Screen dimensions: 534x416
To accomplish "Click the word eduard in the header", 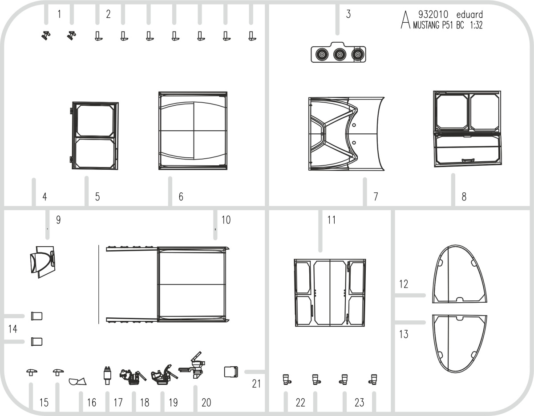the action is pyautogui.click(x=469, y=15).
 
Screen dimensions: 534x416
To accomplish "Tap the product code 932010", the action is pyautogui.click(x=433, y=15).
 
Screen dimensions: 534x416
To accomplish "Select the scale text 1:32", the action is pyautogui.click(x=476, y=25).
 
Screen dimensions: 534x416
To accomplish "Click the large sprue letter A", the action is pyautogui.click(x=405, y=20).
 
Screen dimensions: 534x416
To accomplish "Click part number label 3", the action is pyautogui.click(x=348, y=14).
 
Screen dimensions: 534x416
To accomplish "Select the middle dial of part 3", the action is pyautogui.click(x=340, y=55).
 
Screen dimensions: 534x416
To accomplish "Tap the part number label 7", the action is pyautogui.click(x=376, y=196).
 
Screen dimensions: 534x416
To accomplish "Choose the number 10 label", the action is pyautogui.click(x=226, y=220).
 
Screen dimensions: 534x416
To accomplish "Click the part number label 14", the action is pyautogui.click(x=13, y=329).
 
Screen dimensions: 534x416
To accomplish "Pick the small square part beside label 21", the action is pyautogui.click(x=231, y=372).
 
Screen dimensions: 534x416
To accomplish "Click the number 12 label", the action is pyautogui.click(x=404, y=284).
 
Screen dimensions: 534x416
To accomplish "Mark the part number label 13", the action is pyautogui.click(x=404, y=334).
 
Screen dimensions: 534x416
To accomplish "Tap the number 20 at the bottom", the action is pyautogui.click(x=206, y=403).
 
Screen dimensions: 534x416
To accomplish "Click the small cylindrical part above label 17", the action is pyautogui.click(x=107, y=376).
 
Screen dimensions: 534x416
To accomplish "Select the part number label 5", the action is pyautogui.click(x=97, y=197).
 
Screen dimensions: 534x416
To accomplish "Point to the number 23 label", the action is pyautogui.click(x=359, y=403).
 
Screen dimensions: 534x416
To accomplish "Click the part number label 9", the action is pyautogui.click(x=58, y=220).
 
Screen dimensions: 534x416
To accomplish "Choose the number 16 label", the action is pyautogui.click(x=92, y=403).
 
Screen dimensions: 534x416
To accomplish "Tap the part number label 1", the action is pyautogui.click(x=59, y=14).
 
